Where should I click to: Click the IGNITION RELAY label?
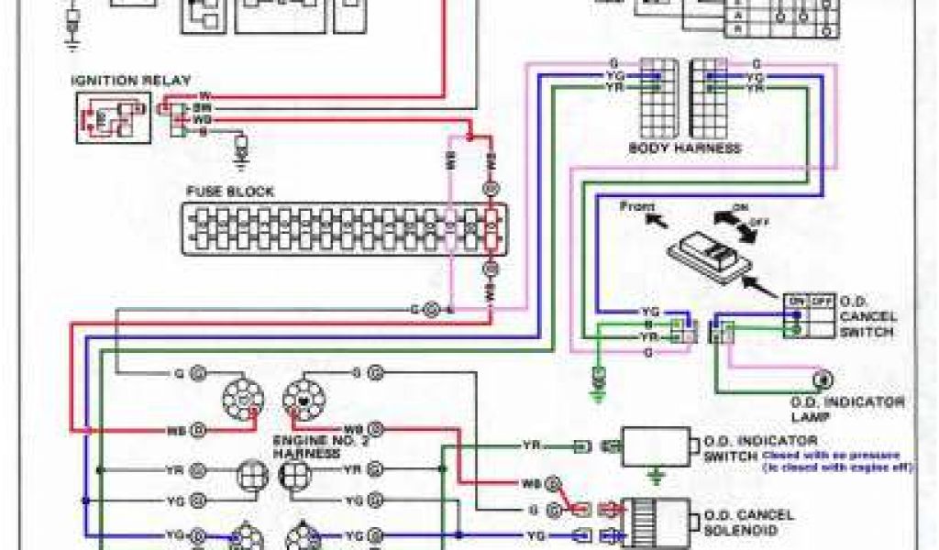coord(132,81)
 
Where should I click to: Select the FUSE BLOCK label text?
coord(230,192)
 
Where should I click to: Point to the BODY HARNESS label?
coord(684,148)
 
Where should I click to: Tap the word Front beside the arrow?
coord(638,206)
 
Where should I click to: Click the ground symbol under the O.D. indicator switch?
coord(655,477)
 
